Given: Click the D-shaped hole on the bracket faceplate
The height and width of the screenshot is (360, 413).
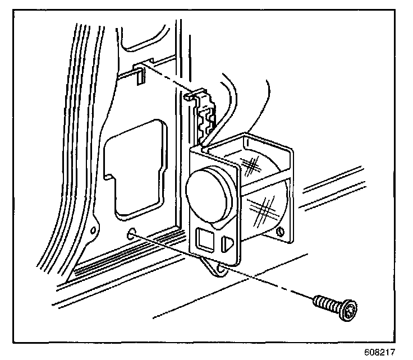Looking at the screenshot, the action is pos(228,243).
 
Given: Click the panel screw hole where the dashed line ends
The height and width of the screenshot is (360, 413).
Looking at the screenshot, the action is pos(132,234).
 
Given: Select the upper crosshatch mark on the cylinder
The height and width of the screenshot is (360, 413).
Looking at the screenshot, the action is pos(253,165).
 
